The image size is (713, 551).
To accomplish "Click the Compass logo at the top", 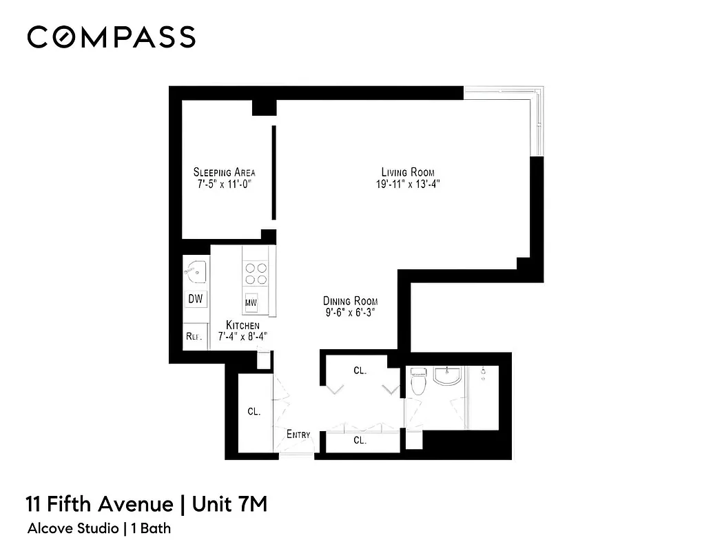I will (x=111, y=37).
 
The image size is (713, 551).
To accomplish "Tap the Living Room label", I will (x=408, y=171).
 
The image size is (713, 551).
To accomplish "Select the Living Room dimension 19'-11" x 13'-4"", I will (x=408, y=184).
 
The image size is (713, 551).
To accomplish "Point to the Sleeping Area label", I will (x=224, y=171).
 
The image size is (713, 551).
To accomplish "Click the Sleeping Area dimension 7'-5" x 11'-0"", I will (x=224, y=184).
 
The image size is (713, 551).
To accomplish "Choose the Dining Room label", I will (x=351, y=301).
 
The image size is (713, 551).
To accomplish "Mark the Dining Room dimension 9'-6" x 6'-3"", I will (x=351, y=313).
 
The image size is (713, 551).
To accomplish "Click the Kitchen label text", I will (x=243, y=325).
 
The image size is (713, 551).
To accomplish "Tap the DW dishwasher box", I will (x=196, y=299).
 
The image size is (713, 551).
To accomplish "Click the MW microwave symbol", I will (x=251, y=302).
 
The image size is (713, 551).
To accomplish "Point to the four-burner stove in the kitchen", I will (x=257, y=273).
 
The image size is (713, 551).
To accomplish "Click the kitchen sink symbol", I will (x=196, y=272).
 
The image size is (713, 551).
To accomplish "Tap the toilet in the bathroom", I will (x=417, y=382).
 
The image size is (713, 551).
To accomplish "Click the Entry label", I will (x=298, y=435).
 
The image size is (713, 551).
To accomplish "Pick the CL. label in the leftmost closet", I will (x=254, y=412).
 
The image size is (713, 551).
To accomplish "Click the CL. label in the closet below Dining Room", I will (x=360, y=370).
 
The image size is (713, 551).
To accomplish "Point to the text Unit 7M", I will (x=229, y=504).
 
